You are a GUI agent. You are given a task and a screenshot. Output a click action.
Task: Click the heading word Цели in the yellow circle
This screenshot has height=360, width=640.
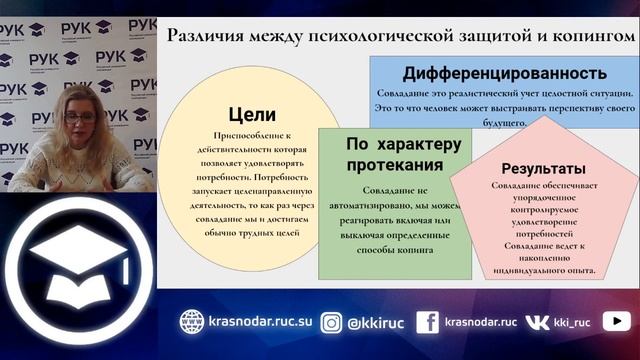click(251, 114)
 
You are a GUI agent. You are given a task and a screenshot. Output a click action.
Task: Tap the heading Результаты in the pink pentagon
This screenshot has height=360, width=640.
click(543, 168)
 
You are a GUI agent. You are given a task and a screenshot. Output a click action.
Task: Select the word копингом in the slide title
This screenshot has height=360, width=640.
click(588, 36)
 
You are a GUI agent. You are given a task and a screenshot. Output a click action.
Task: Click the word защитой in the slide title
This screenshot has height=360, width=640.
click(472, 36)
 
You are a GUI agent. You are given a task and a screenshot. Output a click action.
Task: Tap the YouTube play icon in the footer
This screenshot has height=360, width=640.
click(616, 321)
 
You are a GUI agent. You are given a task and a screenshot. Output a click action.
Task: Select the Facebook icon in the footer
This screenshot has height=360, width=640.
click(427, 321)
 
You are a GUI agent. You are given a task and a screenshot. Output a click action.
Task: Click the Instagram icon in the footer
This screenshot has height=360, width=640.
click(331, 321)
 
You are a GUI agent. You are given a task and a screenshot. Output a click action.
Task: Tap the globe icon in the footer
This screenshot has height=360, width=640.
click(191, 321)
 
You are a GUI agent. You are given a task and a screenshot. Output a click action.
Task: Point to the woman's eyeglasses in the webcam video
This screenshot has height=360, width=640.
click(79, 116)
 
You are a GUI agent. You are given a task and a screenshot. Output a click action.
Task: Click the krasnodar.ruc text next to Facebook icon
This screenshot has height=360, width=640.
click(480, 321)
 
